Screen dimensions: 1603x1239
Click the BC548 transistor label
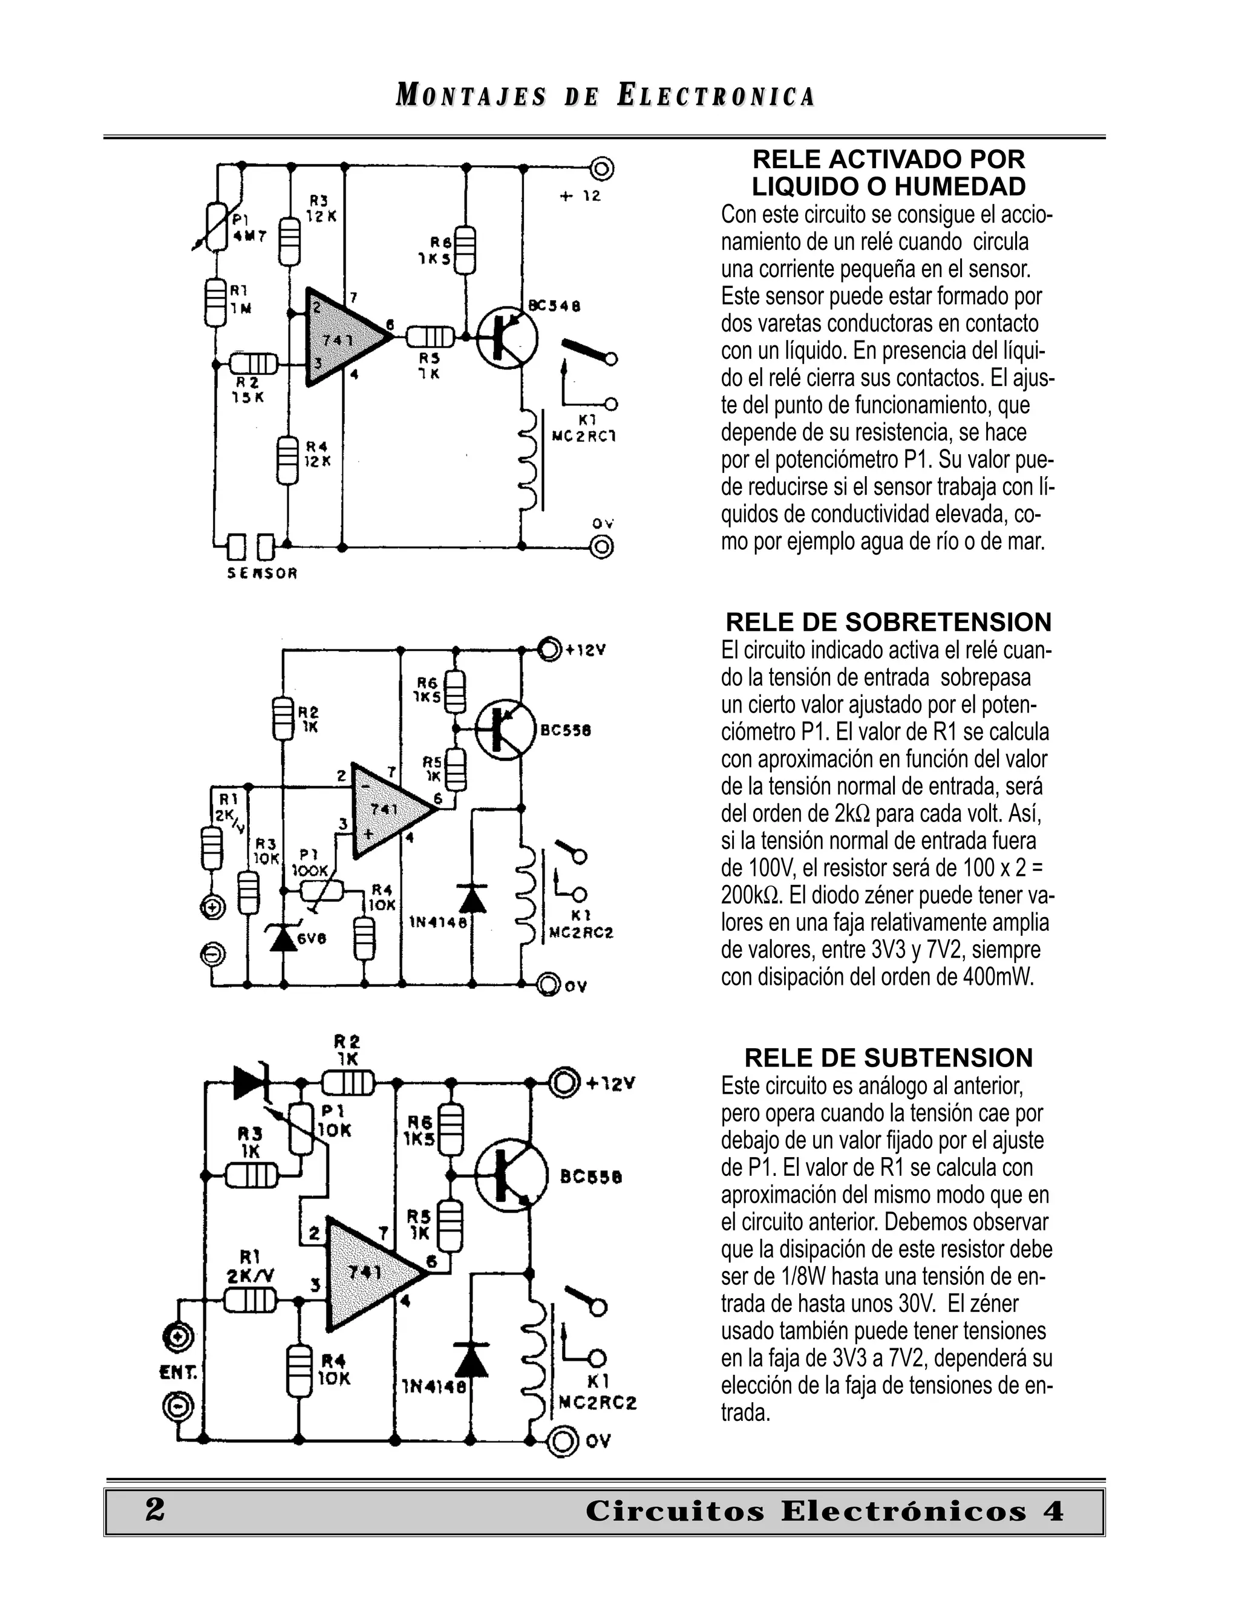pyautogui.click(x=554, y=305)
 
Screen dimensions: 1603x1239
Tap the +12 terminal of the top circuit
pyautogui.click(x=602, y=169)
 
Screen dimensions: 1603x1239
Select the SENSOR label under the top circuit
pyautogui.click(x=262, y=574)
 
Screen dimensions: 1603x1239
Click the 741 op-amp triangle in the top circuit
pyautogui.click(x=341, y=338)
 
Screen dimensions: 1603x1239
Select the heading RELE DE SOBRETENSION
pyautogui.click(x=888, y=622)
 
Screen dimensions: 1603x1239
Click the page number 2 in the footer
pyautogui.click(x=155, y=1510)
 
